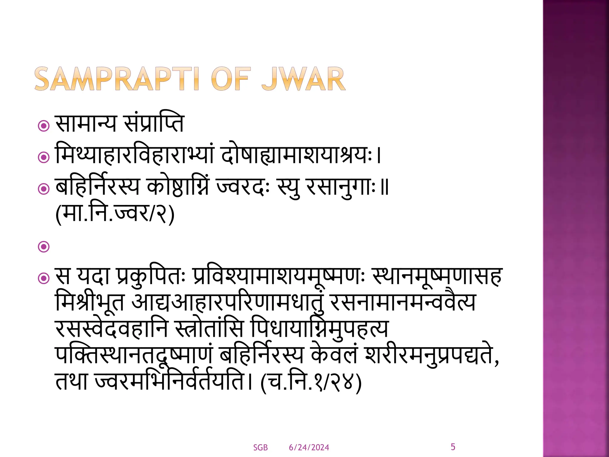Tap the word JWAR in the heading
pyautogui.click(x=303, y=79)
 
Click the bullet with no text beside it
pyautogui.click(x=44, y=247)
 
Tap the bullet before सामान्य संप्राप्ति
pyautogui.click(x=44, y=126)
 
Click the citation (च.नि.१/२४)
pyautogui.click(x=311, y=382)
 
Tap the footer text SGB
pyautogui.click(x=260, y=447)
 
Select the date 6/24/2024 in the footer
pyautogui.click(x=309, y=447)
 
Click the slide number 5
pyautogui.click(x=453, y=447)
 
